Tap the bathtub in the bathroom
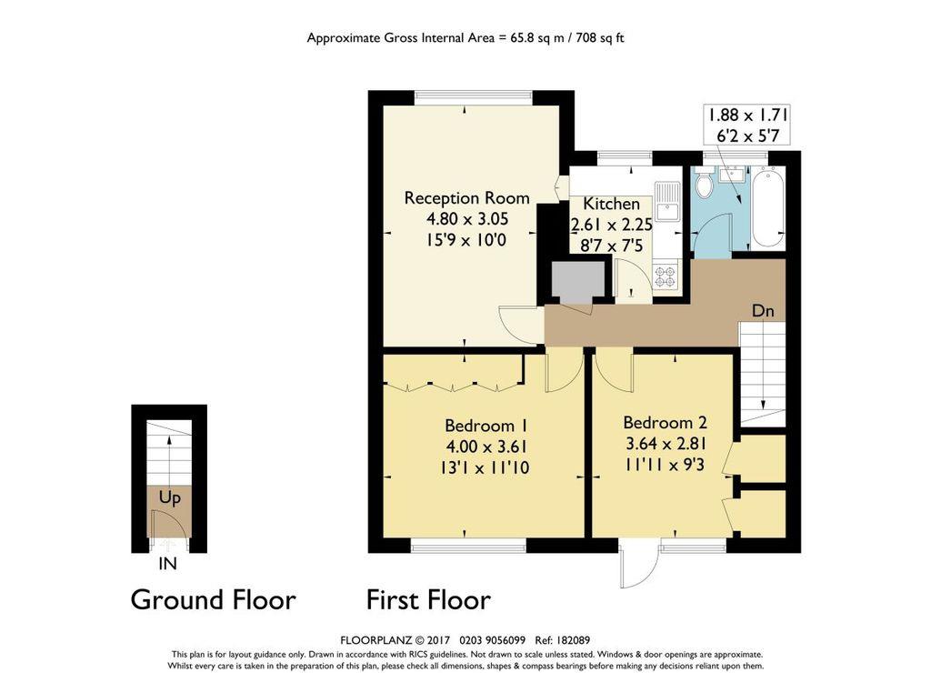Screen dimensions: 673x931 [768, 207]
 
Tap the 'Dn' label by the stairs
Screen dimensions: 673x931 [763, 311]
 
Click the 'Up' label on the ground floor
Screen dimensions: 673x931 [169, 498]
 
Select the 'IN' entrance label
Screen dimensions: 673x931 [167, 564]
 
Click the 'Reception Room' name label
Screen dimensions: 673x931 [466, 198]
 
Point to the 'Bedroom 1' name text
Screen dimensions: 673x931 [486, 426]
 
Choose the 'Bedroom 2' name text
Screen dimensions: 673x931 [665, 423]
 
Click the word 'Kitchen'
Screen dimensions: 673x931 [611, 205]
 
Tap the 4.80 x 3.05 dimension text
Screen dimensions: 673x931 [466, 219]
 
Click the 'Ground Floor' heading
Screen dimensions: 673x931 [213, 600]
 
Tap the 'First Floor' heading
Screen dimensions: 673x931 [428, 600]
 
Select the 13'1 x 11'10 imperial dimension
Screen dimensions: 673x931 [486, 468]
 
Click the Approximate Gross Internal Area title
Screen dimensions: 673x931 [465, 38]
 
